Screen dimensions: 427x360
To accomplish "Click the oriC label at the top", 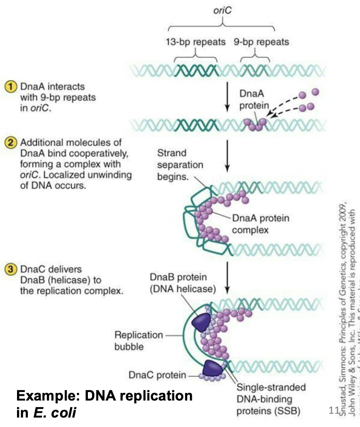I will [225, 10].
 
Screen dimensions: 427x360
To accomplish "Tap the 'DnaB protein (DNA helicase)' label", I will [177, 282].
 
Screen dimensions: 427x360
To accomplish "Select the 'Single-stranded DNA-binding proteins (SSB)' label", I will [271, 398].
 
